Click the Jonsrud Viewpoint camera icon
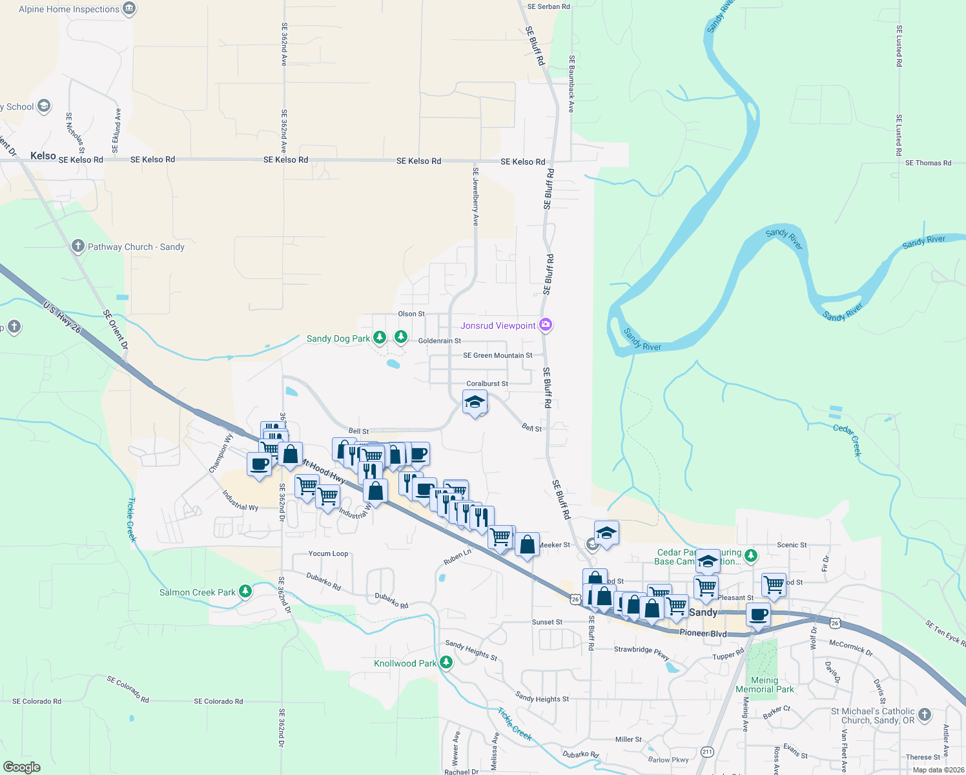546,325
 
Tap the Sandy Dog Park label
338,338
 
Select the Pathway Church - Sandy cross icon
78,246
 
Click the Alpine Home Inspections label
68,9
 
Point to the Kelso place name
43,156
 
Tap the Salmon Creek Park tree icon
245,591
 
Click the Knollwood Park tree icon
446,663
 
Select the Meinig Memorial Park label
765,685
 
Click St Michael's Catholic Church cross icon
925,714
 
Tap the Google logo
21,767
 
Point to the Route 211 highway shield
707,752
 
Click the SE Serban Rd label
548,6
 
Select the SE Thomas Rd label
928,163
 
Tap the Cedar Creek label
847,440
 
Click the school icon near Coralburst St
475,402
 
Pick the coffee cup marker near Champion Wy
260,464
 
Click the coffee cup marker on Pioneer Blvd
758,614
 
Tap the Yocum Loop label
328,553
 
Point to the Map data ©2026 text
938,770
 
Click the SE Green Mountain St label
497,355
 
